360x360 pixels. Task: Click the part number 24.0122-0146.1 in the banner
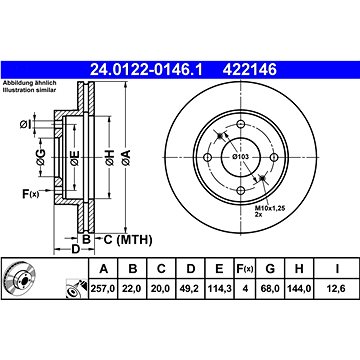[x=146, y=70]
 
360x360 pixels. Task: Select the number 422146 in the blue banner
[x=250, y=70]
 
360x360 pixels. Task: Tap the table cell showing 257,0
[x=103, y=288]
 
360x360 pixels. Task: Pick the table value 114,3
[x=220, y=288]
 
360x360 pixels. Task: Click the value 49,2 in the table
[x=191, y=288]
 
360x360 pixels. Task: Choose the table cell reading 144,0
[x=299, y=288]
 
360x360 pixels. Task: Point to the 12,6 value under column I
[x=337, y=288]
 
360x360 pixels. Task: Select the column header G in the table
[x=270, y=268]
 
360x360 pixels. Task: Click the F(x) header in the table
[x=245, y=268]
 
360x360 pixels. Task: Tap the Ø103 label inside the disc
[x=241, y=157]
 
